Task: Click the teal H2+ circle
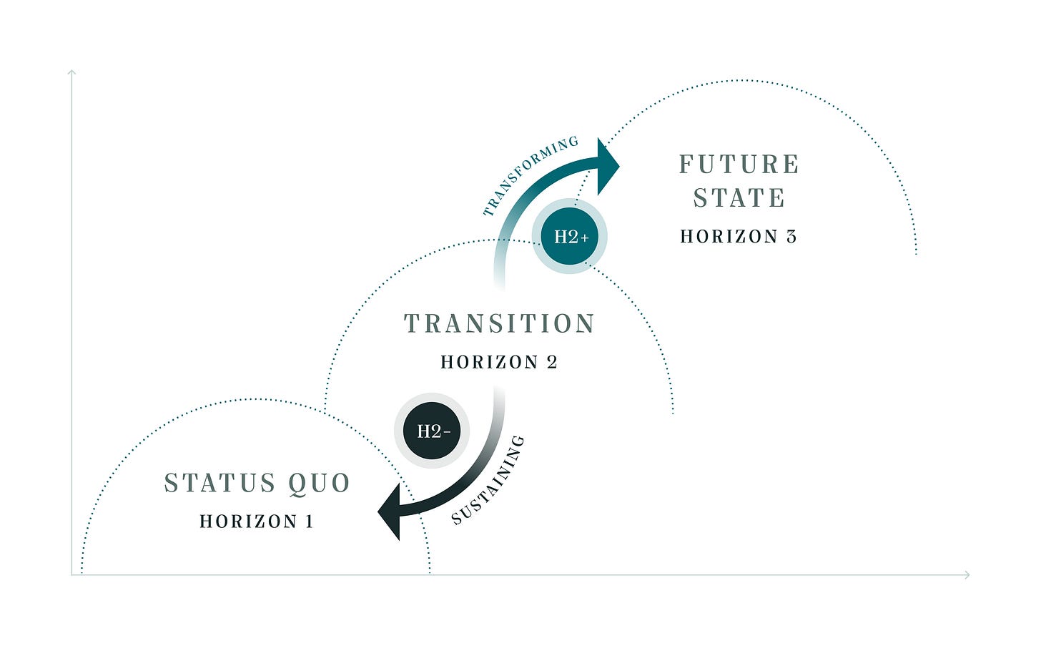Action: pyautogui.click(x=570, y=236)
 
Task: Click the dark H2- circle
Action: pyautogui.click(x=432, y=431)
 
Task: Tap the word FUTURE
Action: pyautogui.click(x=739, y=165)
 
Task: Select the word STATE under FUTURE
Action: pyautogui.click(x=739, y=198)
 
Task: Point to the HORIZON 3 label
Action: pyautogui.click(x=738, y=237)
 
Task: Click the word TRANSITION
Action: pyautogui.click(x=499, y=324)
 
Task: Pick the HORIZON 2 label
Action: pyautogui.click(x=498, y=363)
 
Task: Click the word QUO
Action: pyautogui.click(x=319, y=484)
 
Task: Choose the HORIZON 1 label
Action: pyautogui.click(x=256, y=522)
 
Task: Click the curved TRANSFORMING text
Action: pyautogui.click(x=530, y=175)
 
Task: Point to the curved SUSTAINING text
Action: pyautogui.click(x=488, y=481)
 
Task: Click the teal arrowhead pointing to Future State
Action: pyautogui.click(x=607, y=166)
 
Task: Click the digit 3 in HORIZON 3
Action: pyautogui.click(x=791, y=237)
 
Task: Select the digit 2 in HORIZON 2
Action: pyautogui.click(x=552, y=363)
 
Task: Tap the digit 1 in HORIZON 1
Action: pyautogui.click(x=310, y=522)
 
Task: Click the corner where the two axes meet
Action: pyautogui.click(x=71, y=574)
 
